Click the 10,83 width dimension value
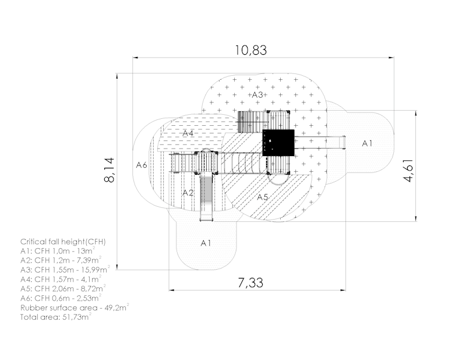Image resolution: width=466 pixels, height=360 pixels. [251, 50]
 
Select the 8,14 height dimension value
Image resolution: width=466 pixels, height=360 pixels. [110, 170]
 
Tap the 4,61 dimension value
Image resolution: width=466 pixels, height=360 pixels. [408, 171]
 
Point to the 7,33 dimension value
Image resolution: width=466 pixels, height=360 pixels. [250, 283]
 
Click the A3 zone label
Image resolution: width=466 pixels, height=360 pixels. [257, 95]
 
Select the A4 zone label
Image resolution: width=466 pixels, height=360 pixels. [188, 133]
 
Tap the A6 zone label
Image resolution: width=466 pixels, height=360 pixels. [142, 165]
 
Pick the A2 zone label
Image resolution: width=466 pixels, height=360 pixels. [188, 193]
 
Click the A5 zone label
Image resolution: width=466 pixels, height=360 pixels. [263, 197]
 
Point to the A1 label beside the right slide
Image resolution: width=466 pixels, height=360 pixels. [367, 143]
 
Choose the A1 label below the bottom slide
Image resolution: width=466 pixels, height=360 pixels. [206, 243]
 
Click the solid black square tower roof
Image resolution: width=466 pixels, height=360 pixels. [278, 143]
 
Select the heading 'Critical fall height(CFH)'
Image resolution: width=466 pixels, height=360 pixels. [63, 242]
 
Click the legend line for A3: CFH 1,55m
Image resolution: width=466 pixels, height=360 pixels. [65, 270]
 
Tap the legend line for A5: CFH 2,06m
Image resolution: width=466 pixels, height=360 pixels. [63, 288]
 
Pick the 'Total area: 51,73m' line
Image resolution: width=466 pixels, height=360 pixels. [55, 316]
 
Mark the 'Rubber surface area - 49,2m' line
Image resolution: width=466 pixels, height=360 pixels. [75, 307]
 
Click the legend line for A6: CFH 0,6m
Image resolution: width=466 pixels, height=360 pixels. [61, 298]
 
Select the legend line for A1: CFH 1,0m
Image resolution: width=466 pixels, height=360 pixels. [58, 251]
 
